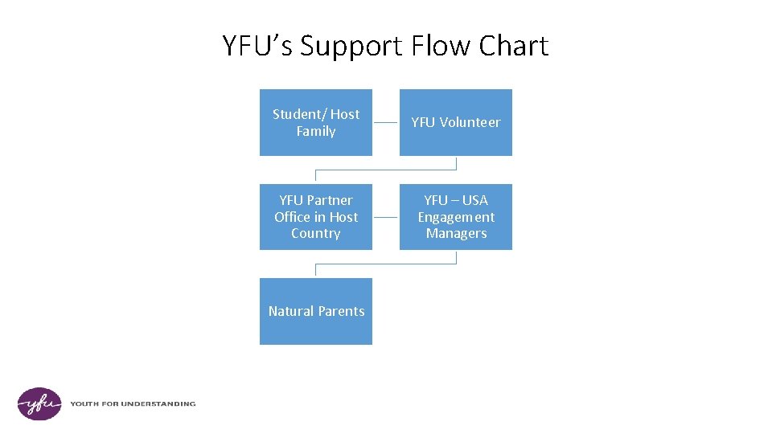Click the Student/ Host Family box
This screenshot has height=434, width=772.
pyautogui.click(x=315, y=122)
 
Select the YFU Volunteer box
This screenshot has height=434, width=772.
pyautogui.click(x=455, y=122)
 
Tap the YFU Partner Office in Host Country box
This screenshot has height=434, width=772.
pyautogui.click(x=315, y=217)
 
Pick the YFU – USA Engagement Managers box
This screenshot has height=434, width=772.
pyautogui.click(x=455, y=217)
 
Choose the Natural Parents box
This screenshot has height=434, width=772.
pyautogui.click(x=315, y=311)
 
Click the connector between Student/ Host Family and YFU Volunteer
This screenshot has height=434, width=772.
pyautogui.click(x=386, y=122)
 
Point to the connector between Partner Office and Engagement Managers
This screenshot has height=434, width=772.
pyautogui.click(x=386, y=217)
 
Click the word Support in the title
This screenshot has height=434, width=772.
pyautogui.click(x=352, y=47)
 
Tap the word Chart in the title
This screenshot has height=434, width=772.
pyautogui.click(x=513, y=47)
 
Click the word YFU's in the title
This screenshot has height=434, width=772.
pyautogui.click(x=257, y=47)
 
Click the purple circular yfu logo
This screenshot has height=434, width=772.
pyautogui.click(x=39, y=403)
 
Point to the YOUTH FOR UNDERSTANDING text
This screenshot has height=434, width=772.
pyautogui.click(x=133, y=403)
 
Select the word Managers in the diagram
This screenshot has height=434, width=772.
pyautogui.click(x=456, y=234)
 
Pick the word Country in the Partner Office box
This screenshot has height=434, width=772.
pyautogui.click(x=315, y=234)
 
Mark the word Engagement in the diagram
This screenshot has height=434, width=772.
pyautogui.click(x=456, y=217)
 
